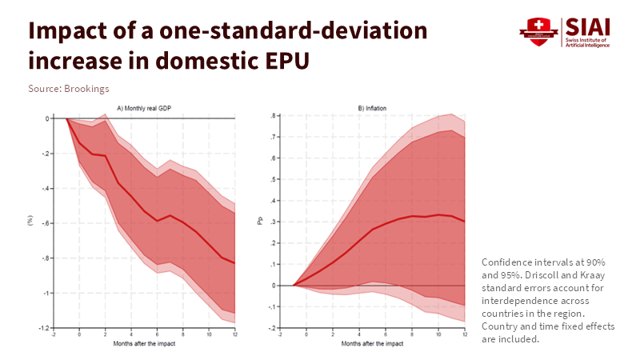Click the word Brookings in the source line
(86, 88)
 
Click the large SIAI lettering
(586, 26)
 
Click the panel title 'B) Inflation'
(371, 108)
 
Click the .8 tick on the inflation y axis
(274, 116)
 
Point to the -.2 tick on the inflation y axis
(273, 328)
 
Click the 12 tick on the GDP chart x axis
(235, 334)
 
